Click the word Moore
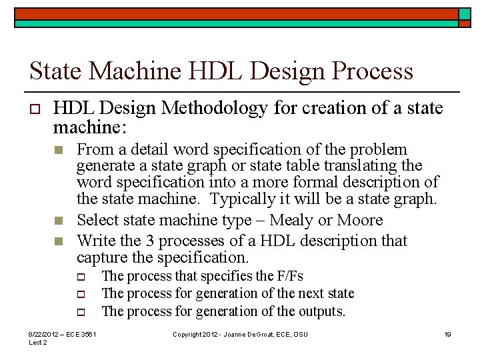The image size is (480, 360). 360,220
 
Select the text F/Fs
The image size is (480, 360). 290,276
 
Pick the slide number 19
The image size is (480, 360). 447,334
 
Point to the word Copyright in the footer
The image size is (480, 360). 188,334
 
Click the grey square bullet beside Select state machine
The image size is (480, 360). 59,221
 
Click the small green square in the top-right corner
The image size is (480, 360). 464,13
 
